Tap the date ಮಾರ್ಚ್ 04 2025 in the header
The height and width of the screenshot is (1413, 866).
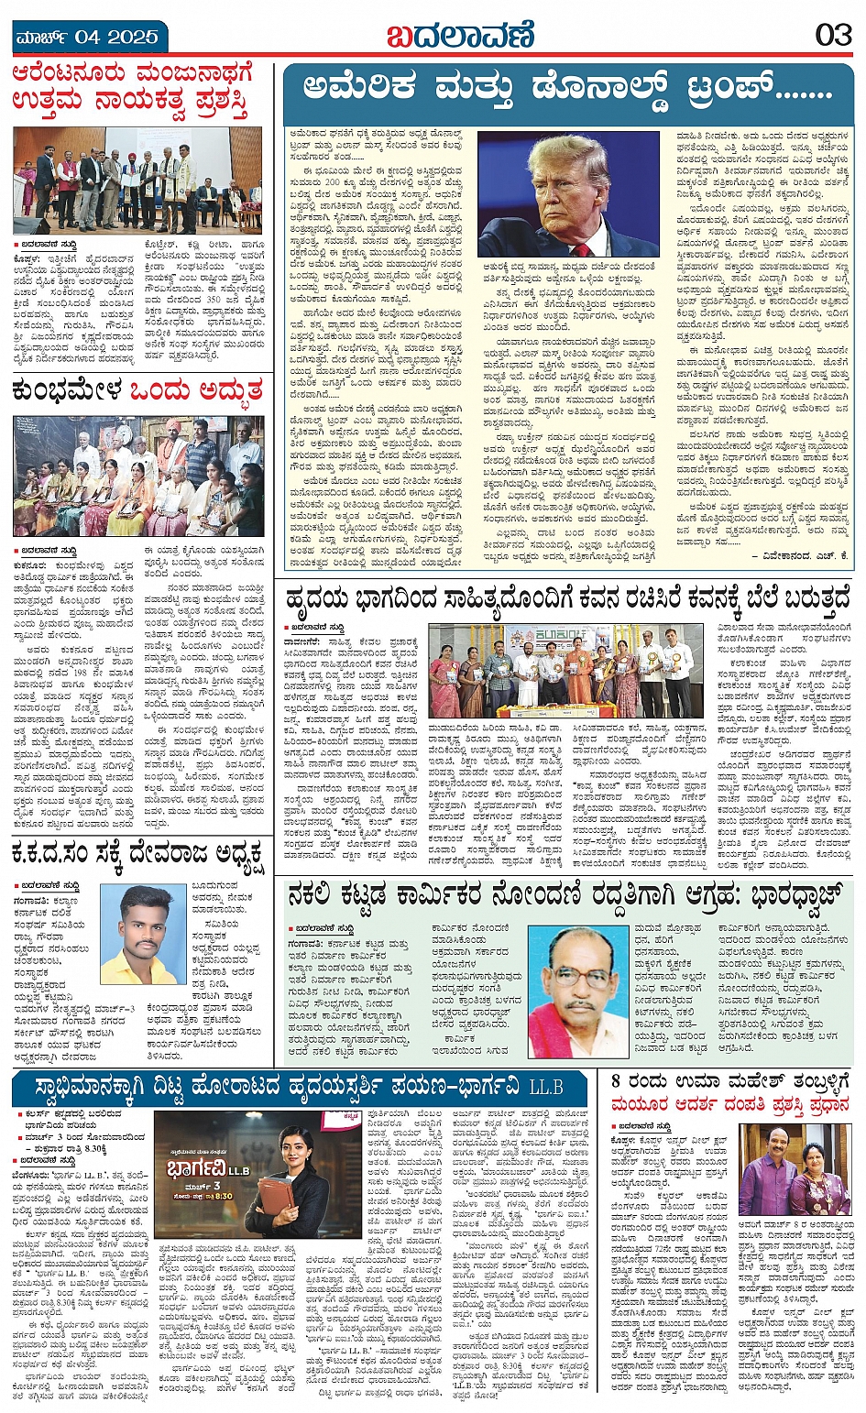(x=88, y=38)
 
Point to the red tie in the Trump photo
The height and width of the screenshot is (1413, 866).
(x=581, y=247)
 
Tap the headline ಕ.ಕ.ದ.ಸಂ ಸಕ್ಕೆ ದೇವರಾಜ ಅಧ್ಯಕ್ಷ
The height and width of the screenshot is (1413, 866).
(x=137, y=862)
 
